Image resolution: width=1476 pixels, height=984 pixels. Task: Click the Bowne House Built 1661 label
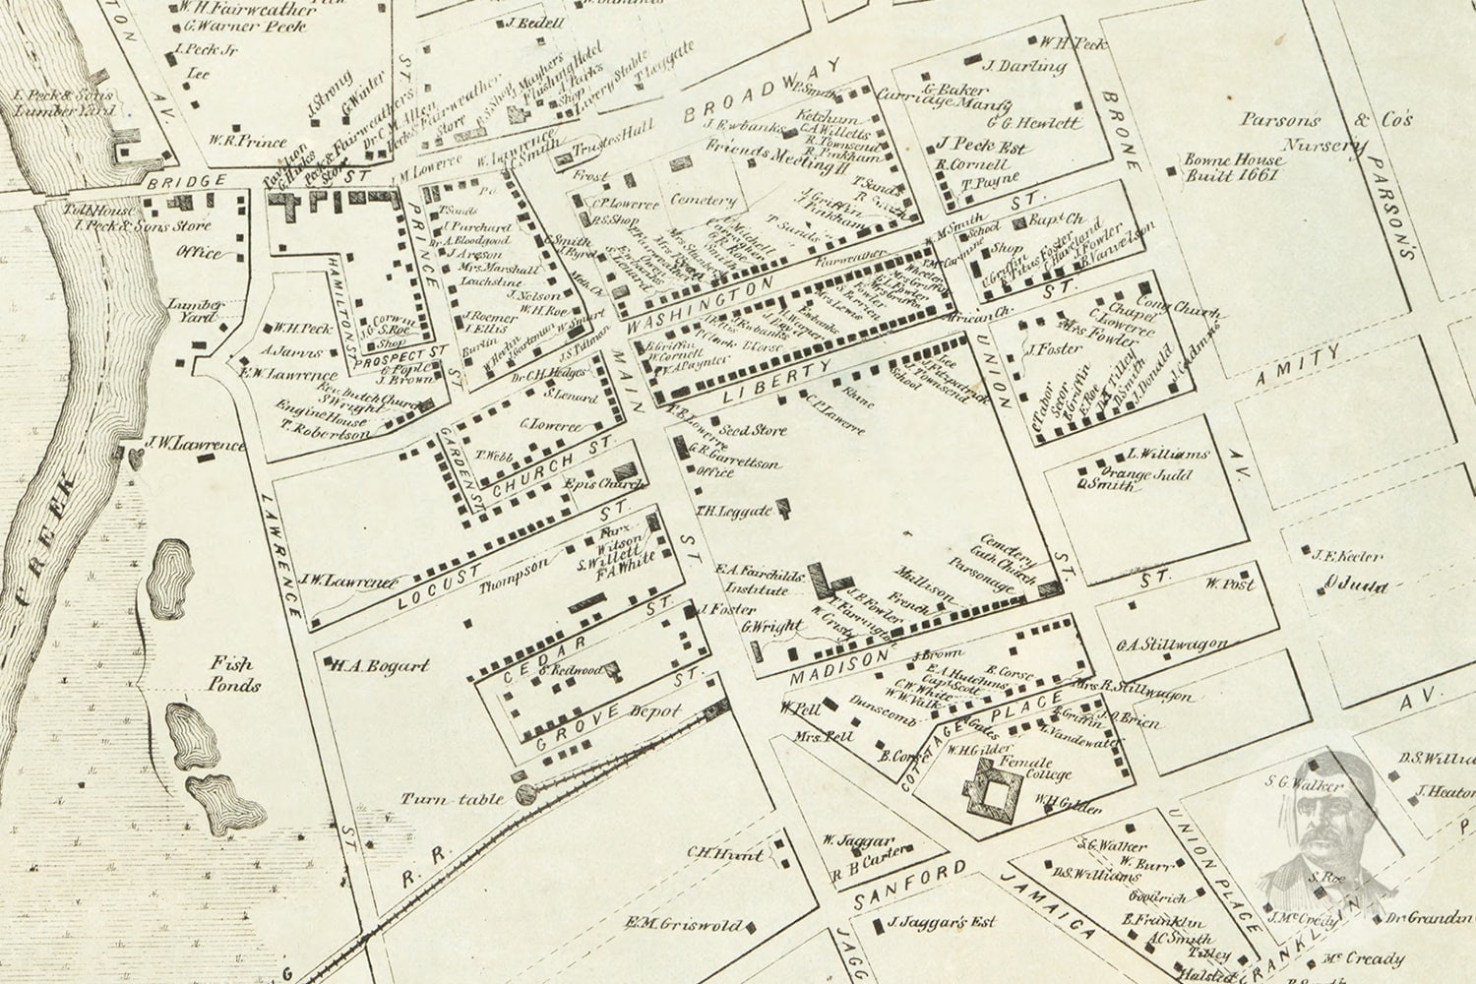1233,167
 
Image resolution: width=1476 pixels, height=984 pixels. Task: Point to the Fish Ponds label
234,674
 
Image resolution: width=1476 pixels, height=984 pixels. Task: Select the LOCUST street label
444,583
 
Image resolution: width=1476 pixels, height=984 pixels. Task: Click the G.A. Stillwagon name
1171,646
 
